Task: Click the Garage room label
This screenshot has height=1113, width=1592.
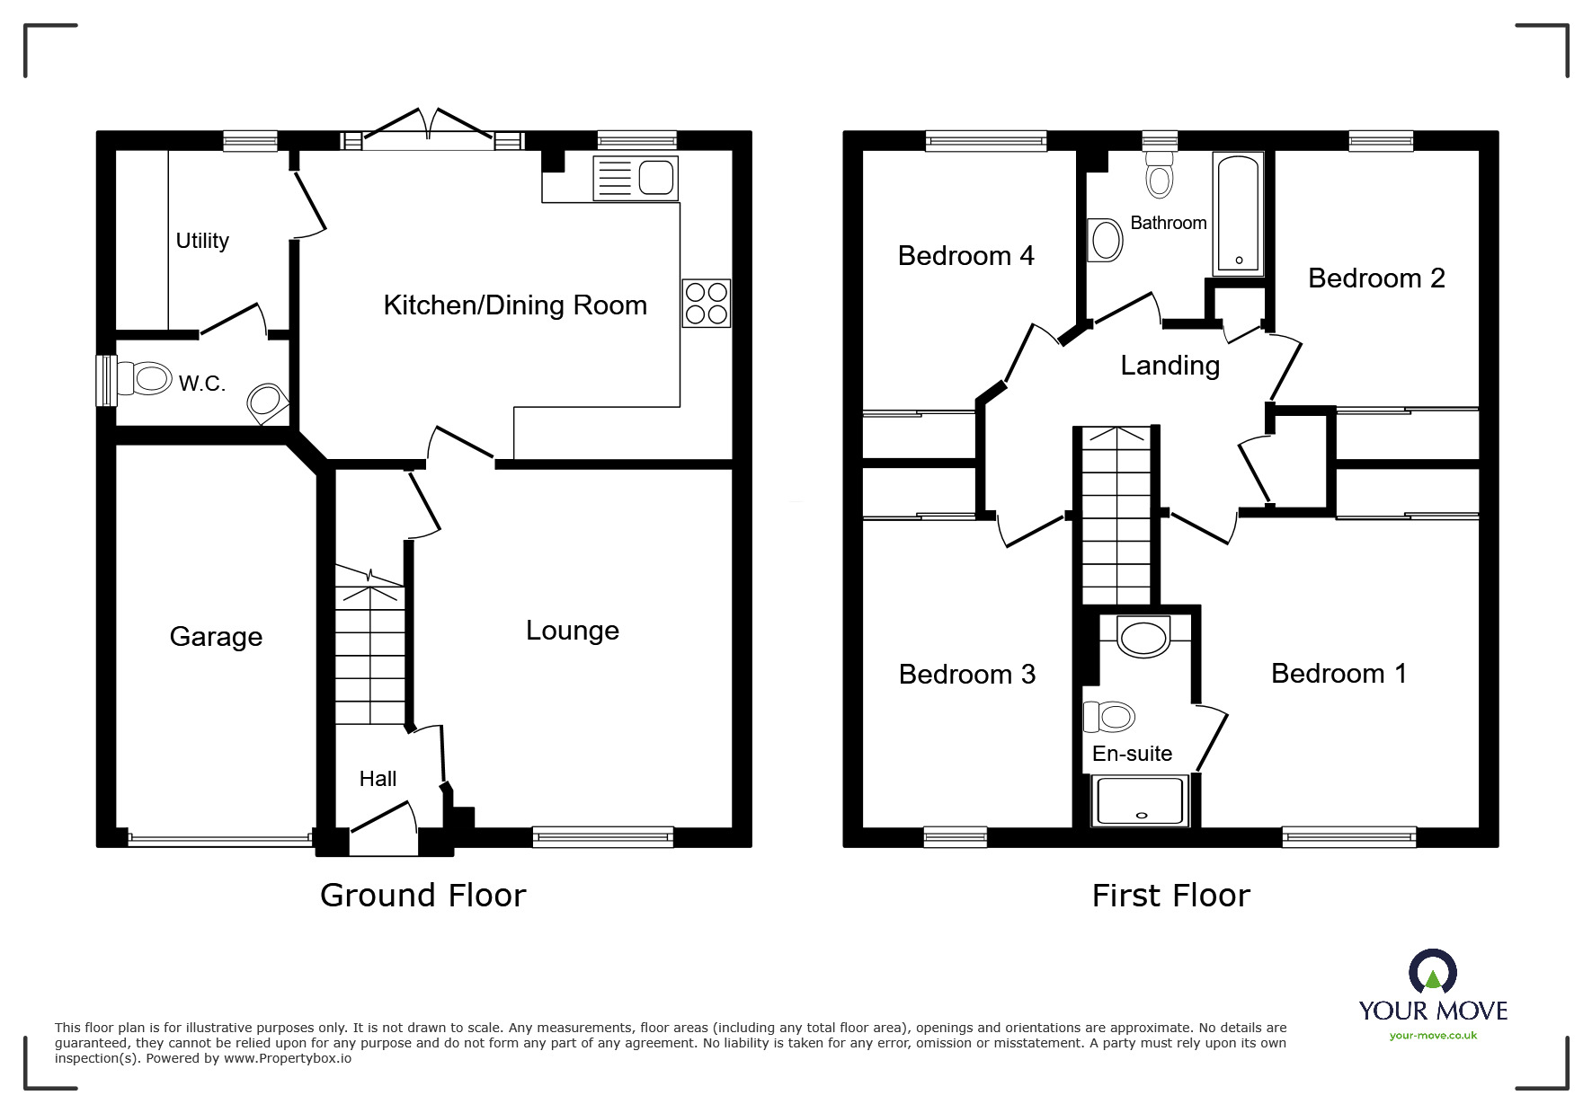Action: pos(216,637)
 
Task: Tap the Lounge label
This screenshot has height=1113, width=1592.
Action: pos(573,631)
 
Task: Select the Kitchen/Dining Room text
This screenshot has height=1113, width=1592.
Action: pos(515,305)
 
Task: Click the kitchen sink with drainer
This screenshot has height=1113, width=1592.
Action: pos(635,178)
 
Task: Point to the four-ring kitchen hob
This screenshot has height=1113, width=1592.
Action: pos(707,303)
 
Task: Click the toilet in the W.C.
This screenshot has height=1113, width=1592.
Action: pos(144,379)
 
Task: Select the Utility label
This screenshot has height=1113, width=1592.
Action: pos(202,241)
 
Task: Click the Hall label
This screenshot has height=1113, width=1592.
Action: pos(378,779)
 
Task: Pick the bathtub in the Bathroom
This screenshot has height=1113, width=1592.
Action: pos(1239,215)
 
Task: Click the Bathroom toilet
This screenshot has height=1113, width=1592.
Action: pos(1160,174)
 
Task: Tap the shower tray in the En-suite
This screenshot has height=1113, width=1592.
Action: pos(1140,801)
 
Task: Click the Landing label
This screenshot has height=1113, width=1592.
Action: pos(1170,366)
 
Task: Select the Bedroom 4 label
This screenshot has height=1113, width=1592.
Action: pos(966,256)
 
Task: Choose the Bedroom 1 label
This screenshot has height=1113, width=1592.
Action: pos(1339,674)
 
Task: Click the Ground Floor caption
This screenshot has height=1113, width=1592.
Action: pos(423,896)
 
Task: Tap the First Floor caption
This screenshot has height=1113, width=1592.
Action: pos(1171,896)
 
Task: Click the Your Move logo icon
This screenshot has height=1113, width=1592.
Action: pos(1433,973)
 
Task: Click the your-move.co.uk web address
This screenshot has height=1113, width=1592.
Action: pos(1433,1036)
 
